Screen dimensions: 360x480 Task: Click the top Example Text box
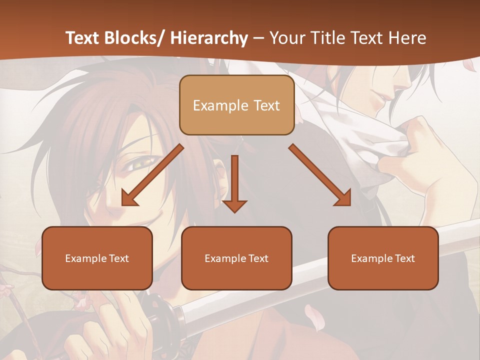point(236,105)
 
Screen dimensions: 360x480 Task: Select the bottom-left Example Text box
point(97,258)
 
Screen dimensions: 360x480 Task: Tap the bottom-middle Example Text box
point(236,258)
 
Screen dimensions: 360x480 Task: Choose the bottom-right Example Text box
point(383,258)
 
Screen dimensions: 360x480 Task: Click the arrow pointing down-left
point(152,175)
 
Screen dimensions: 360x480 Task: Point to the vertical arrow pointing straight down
point(234,183)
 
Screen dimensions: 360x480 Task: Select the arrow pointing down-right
point(320,175)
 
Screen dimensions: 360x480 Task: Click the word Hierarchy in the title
point(209,38)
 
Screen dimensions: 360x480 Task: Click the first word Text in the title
point(82,38)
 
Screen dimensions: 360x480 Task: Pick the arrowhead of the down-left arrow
point(129,198)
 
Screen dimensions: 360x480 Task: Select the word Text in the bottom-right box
point(404,258)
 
